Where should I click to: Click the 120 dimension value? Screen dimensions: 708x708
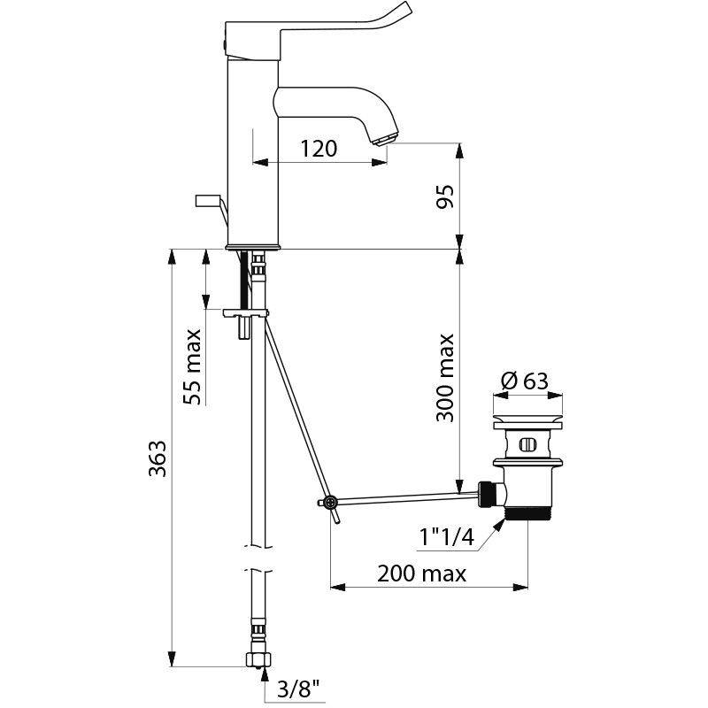318,148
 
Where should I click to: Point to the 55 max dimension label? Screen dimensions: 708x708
192,366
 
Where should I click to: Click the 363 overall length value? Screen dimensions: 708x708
157,458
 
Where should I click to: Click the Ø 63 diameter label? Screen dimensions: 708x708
525,381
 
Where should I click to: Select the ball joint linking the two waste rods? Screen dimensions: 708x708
330,503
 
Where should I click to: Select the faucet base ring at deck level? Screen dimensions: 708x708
254,245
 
